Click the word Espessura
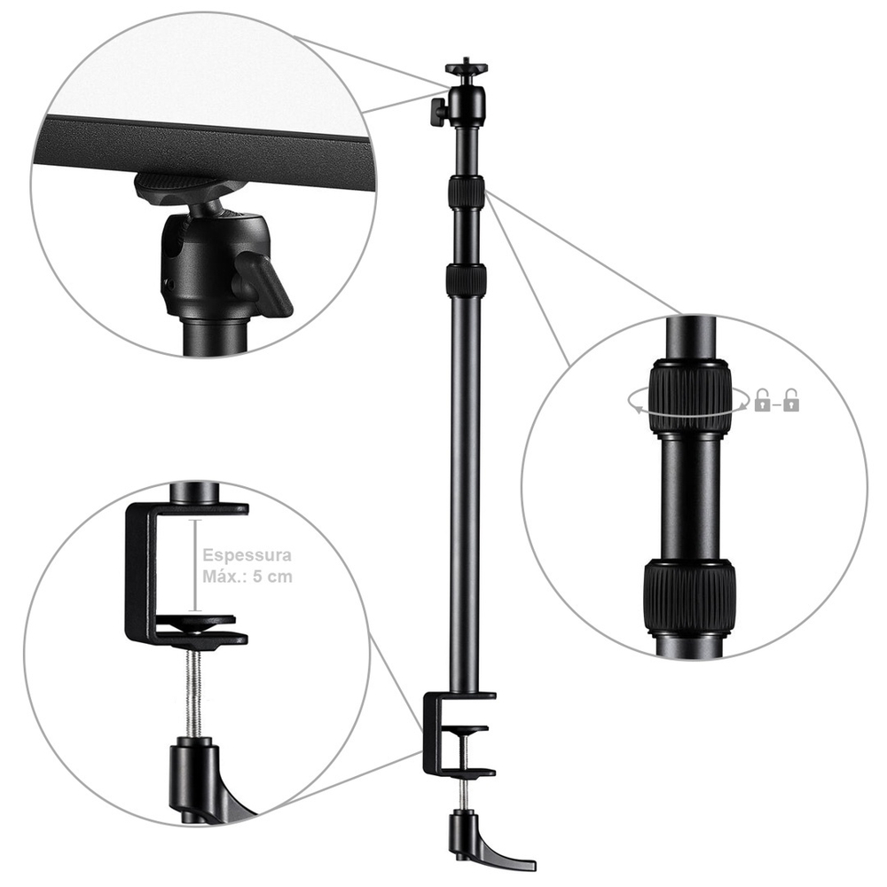pyautogui.click(x=247, y=555)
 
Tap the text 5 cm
pyautogui.click(x=272, y=577)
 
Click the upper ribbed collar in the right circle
pyautogui.click(x=689, y=396)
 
